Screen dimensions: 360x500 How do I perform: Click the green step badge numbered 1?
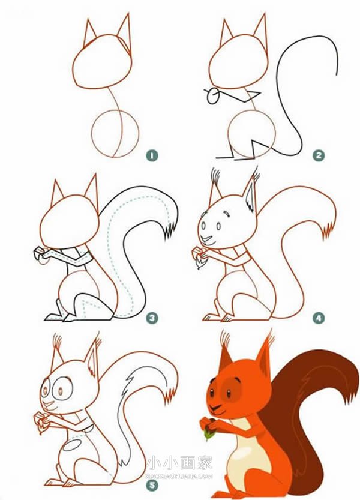tap(152, 155)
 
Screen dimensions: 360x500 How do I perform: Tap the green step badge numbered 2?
tap(319, 155)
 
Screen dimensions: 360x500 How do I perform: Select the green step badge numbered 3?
tap(152, 318)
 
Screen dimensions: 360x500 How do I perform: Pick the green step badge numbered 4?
tap(318, 318)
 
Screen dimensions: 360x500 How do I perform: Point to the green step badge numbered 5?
tap(152, 486)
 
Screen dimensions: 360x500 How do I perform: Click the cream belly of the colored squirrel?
tap(242, 456)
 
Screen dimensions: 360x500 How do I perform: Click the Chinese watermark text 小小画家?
tap(179, 463)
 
